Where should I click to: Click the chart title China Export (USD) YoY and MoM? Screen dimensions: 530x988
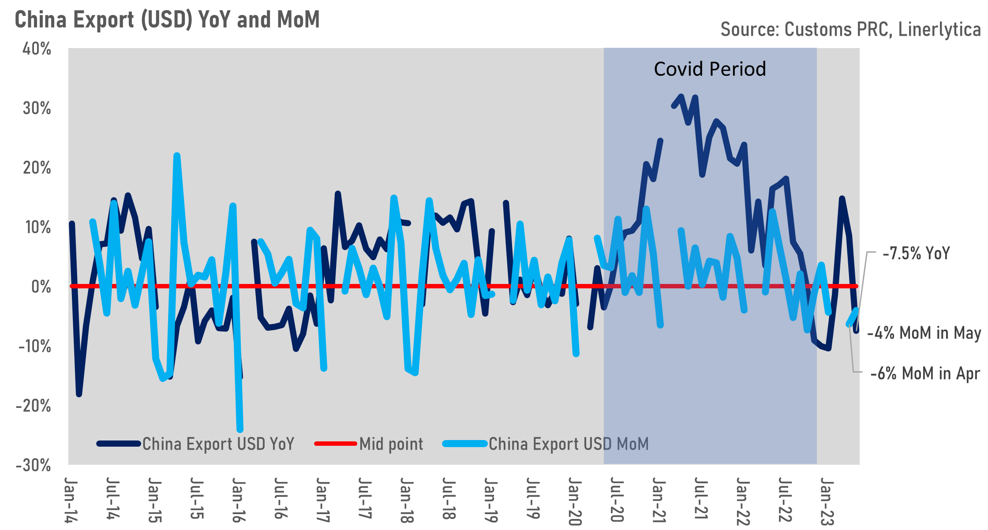[167, 20]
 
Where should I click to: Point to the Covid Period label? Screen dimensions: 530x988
[710, 69]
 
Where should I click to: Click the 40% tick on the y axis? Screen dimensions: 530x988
[37, 49]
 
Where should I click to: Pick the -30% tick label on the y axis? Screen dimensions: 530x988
[34, 466]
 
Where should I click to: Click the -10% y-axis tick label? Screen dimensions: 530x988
[34, 347]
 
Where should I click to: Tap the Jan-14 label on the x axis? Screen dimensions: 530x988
[70, 500]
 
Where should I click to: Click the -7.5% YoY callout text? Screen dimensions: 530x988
[916, 254]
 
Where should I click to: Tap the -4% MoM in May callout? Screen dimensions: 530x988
[924, 333]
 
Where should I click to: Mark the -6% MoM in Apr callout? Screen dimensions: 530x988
[924, 374]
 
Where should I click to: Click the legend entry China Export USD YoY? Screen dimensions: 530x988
[218, 444]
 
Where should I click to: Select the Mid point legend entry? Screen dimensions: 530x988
[391, 444]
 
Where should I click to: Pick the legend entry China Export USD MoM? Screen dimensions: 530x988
[568, 444]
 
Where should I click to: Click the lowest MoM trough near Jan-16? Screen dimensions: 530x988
[240, 429]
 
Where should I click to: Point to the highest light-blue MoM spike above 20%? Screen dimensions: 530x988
[177, 156]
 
